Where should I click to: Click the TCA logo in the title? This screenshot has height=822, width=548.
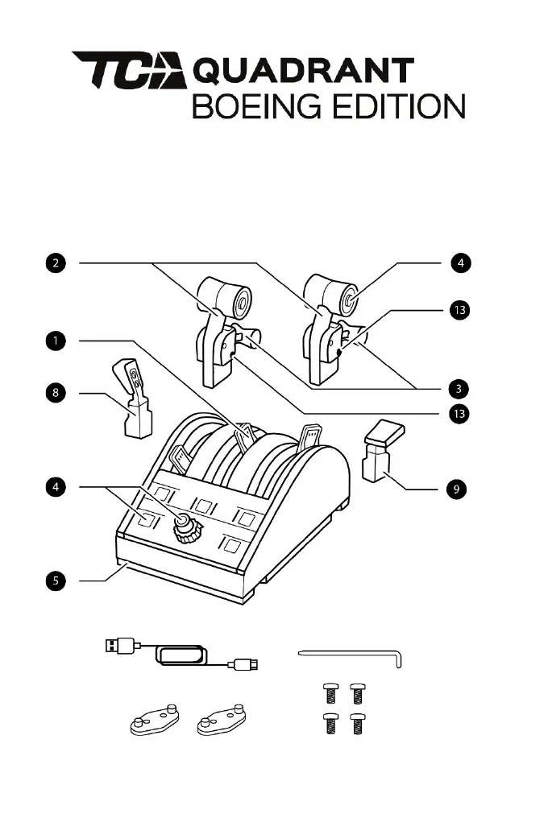click(129, 71)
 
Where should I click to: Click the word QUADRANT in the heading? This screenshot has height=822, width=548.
click(305, 72)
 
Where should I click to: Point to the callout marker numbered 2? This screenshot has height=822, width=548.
click(55, 262)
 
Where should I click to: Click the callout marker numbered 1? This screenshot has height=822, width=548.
click(55, 341)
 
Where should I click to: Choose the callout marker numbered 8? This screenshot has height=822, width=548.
click(55, 393)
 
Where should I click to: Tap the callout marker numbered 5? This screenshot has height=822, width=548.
click(55, 579)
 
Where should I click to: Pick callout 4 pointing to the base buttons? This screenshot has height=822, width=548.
click(55, 486)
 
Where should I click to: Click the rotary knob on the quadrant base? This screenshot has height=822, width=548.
click(187, 530)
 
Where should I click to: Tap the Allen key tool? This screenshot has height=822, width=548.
click(355, 655)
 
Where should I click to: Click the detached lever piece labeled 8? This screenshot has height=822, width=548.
click(135, 399)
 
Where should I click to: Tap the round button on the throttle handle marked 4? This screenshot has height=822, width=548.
click(351, 301)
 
